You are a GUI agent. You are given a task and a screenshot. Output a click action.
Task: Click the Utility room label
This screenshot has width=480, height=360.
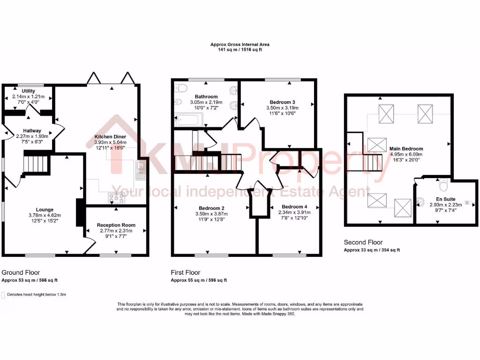(x=28, y=90)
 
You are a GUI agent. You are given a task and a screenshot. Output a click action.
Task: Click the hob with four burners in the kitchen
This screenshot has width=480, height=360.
(x=116, y=198)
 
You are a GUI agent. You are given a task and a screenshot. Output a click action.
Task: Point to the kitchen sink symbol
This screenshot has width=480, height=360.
(x=140, y=171)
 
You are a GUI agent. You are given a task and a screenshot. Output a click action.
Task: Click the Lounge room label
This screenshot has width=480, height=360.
(x=44, y=210)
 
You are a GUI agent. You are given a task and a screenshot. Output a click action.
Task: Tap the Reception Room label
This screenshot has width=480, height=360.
(x=115, y=225)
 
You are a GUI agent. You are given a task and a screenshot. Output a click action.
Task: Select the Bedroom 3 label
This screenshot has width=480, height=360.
(x=282, y=102)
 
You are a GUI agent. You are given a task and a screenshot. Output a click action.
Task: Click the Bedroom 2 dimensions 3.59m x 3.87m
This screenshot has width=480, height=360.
(x=210, y=214)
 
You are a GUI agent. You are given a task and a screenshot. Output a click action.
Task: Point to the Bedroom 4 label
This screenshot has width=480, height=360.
(x=294, y=206)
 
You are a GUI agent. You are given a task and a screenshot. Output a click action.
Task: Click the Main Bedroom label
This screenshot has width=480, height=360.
(x=406, y=149)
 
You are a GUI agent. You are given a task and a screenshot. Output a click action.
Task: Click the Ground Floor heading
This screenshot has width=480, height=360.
(x=21, y=272)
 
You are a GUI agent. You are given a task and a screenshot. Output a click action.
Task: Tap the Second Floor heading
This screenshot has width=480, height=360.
(x=363, y=242)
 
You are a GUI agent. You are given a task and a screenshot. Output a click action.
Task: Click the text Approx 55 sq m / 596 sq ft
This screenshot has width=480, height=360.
(x=199, y=280)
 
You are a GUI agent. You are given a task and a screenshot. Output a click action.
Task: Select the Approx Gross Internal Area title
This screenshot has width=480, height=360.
(x=240, y=45)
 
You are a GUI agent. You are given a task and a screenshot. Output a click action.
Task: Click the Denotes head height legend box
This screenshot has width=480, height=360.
(x=4, y=295)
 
